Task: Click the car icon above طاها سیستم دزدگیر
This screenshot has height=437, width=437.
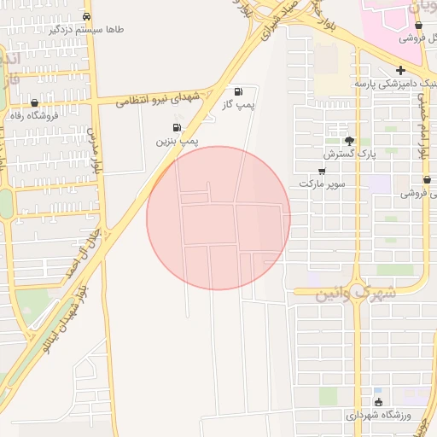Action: [x=87, y=16]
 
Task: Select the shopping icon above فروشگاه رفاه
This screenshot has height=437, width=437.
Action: [x=34, y=103]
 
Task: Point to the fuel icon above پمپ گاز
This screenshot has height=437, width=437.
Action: [x=237, y=91]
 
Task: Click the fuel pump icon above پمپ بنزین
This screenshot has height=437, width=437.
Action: [x=176, y=128]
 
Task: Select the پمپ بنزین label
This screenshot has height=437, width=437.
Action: [x=176, y=140]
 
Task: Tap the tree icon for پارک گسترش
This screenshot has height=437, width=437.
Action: [x=348, y=141]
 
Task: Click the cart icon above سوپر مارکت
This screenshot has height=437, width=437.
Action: [x=322, y=171]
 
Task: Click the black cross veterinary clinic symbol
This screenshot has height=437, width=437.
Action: [x=399, y=70]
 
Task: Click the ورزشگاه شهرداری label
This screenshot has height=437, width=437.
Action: [x=379, y=415]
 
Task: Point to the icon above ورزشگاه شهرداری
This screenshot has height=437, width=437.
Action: [x=378, y=402]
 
